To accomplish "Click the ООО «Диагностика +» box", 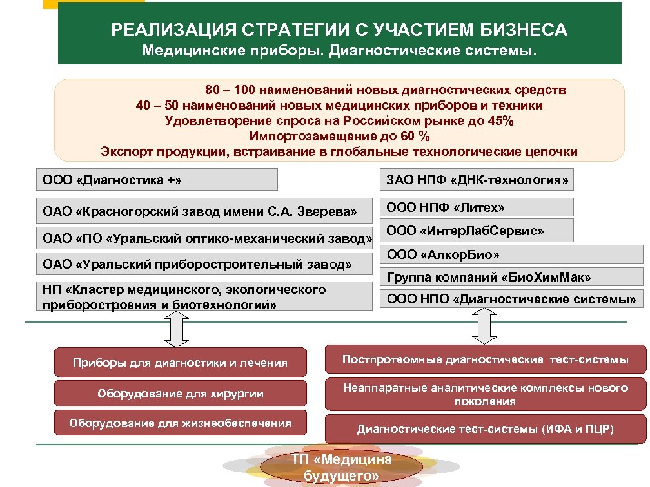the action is [157, 180].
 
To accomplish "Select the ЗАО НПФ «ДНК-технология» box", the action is [477, 180].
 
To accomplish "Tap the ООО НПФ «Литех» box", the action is [477, 207].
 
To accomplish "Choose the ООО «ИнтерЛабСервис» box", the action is [477, 231].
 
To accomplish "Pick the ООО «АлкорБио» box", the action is [513, 254].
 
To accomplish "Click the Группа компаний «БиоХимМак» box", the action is [513, 278].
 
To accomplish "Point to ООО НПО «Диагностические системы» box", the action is [513, 299].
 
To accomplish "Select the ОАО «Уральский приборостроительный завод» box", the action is [204, 264].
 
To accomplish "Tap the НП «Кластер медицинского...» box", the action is [204, 297].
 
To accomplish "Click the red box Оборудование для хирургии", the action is [181, 393].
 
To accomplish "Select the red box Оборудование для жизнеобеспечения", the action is [181, 423].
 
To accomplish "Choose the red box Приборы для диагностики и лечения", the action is [181, 362].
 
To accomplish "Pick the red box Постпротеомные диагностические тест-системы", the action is [485, 359].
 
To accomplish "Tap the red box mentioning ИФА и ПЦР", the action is [485, 429].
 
